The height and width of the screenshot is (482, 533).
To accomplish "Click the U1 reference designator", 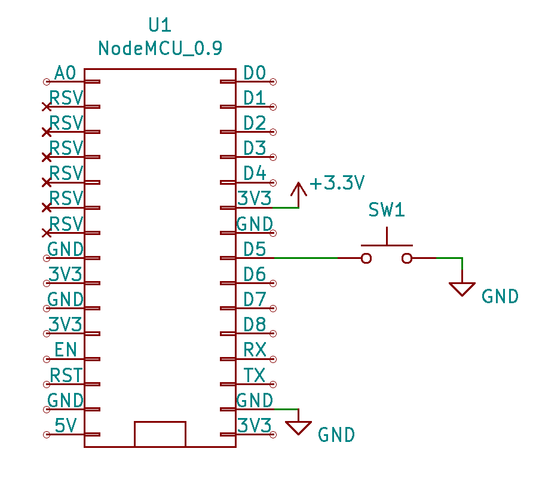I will coord(160,25).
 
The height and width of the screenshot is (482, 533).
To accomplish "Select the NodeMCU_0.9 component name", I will coord(160,48).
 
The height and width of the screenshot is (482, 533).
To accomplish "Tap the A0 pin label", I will coord(65,74).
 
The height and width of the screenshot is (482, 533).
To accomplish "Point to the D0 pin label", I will coord(255,74).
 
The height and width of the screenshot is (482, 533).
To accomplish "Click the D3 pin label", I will coord(255,148).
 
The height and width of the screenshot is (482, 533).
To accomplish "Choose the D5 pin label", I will coord(255,249).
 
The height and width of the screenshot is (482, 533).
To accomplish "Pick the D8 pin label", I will coord(255,324).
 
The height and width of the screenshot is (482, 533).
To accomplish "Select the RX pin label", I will coord(255,349).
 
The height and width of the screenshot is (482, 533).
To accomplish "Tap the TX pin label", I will coord(255,375).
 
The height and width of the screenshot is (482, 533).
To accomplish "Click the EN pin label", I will coord(65,349).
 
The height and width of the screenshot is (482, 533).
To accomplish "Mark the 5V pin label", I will coord(65,425).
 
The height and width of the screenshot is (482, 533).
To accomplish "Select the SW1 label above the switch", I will coord(386,211).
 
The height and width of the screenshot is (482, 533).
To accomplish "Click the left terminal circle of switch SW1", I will coord(366,258).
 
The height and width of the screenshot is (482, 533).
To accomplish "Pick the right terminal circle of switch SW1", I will coord(407,258).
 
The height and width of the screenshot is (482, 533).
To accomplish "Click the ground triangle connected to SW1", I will coord(462,289).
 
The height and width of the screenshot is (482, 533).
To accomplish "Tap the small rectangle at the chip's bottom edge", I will coord(160,434).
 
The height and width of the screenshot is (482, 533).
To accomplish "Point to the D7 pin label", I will coord(255,299).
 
